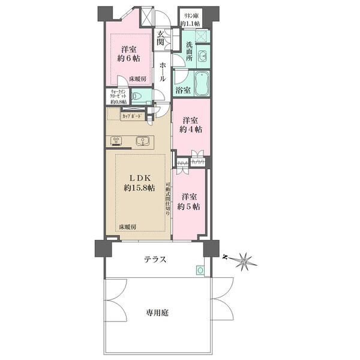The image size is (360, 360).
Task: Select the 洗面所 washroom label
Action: tap(189, 53)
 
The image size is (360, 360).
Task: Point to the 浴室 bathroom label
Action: tap(182, 91)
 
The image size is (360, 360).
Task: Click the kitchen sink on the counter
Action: tap(142, 141)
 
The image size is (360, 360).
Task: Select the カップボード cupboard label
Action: tap(132, 117)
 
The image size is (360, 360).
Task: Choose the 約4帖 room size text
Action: tap(191, 129)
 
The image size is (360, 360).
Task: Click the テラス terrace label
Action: tap(155, 259)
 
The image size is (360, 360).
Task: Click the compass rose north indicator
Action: tap(243, 260)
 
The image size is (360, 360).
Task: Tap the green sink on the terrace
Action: tap(200, 270)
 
